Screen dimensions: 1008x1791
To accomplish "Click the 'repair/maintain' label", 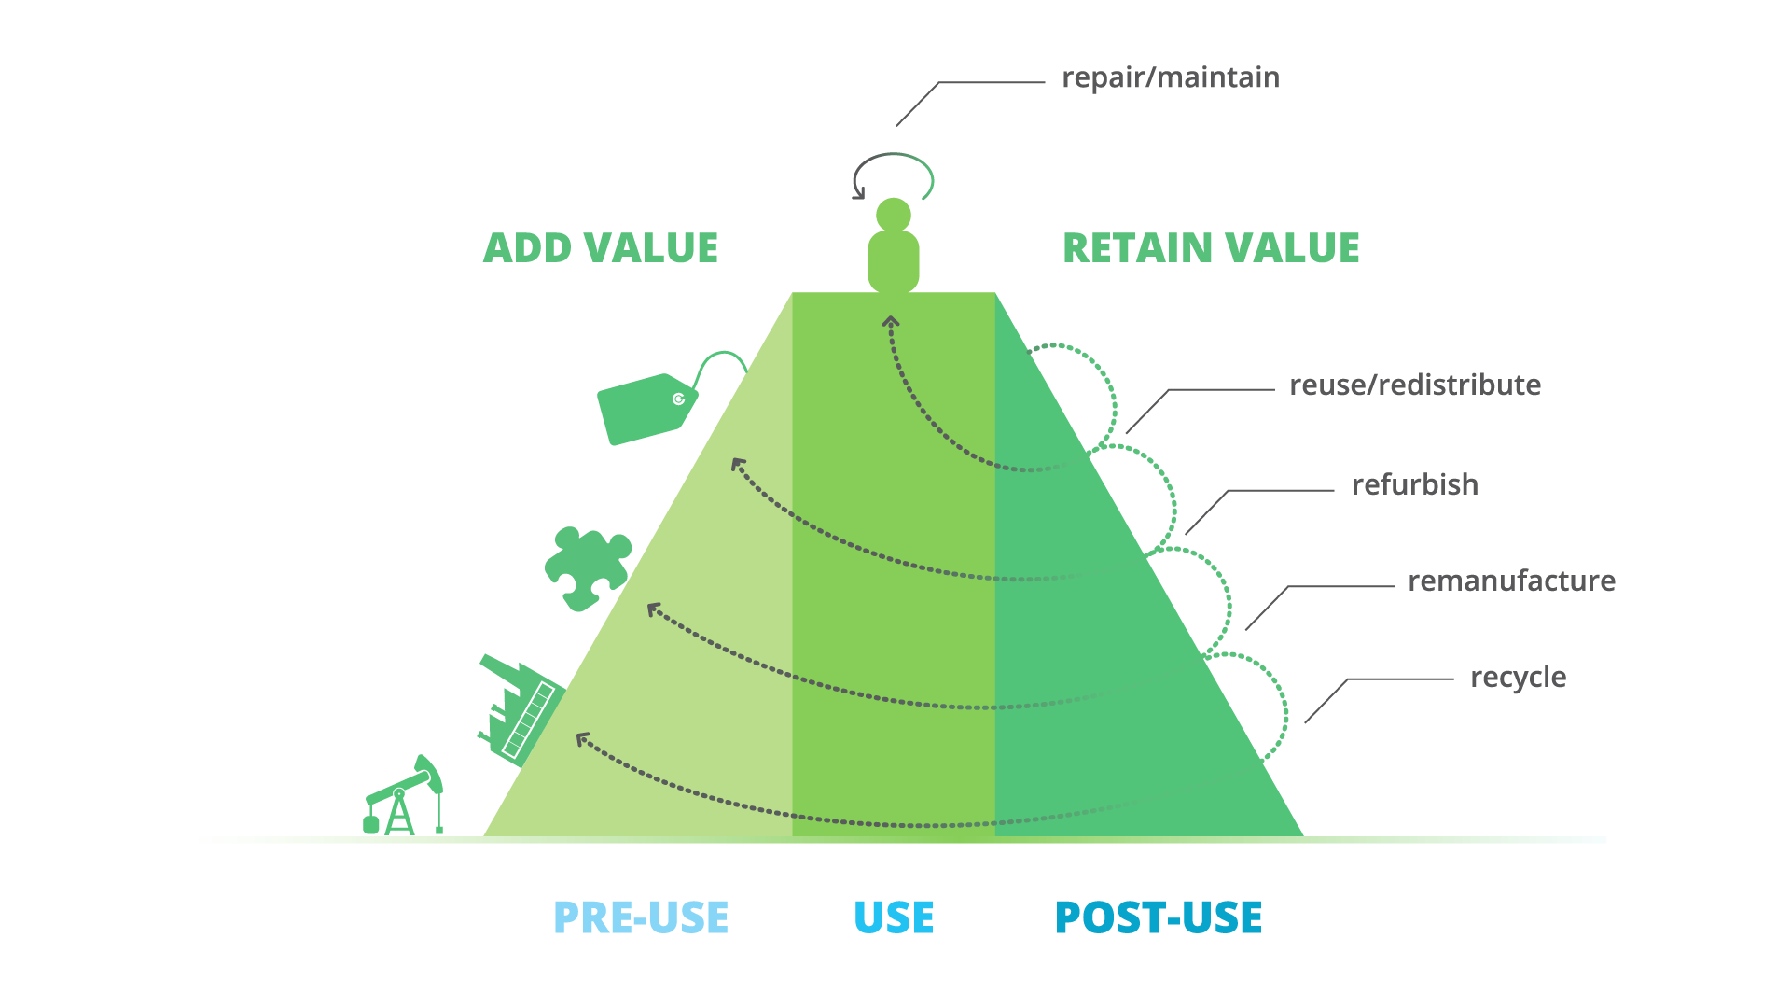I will click(x=1171, y=77).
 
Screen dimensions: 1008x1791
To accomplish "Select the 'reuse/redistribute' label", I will click(x=1414, y=385).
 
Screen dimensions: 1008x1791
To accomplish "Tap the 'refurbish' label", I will click(x=1414, y=484).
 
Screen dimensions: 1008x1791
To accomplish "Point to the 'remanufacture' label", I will click(x=1511, y=581).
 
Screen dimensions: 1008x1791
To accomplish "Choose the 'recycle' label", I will click(x=1518, y=677).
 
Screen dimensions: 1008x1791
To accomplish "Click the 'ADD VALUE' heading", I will click(x=601, y=248).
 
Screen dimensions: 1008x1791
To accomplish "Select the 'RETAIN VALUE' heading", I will click(x=1211, y=248).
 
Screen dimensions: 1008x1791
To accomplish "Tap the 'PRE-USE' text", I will click(x=641, y=917).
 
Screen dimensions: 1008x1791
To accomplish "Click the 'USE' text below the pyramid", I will click(x=894, y=917).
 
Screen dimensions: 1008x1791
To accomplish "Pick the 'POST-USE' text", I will click(x=1159, y=917).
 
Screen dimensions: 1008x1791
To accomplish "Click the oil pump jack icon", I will click(x=404, y=799).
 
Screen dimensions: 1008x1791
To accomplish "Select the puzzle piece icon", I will click(x=587, y=567).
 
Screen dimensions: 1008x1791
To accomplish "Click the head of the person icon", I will click(x=894, y=215).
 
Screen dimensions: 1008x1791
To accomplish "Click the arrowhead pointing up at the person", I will click(x=891, y=322).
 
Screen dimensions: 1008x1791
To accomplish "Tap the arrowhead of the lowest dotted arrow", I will click(x=582, y=739).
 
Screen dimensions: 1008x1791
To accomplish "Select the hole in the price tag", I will click(x=679, y=399).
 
